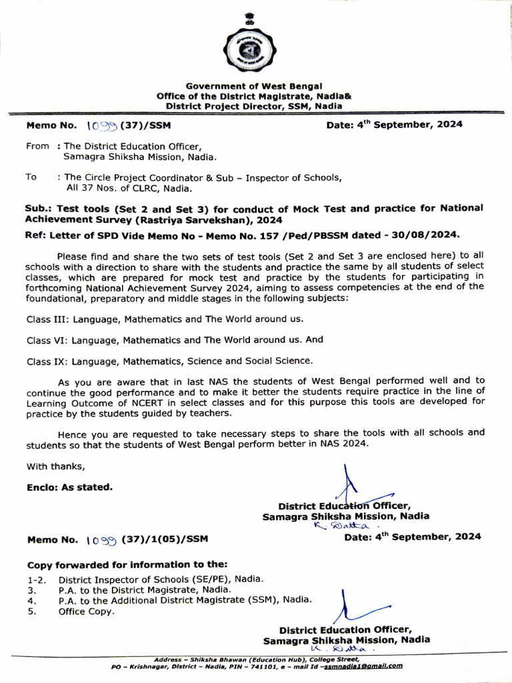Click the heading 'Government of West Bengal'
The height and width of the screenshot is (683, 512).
[x=253, y=86]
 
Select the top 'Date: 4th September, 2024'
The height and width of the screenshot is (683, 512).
[x=394, y=125]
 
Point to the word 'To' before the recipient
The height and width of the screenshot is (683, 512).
[x=31, y=177]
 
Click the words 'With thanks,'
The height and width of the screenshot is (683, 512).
[x=55, y=466]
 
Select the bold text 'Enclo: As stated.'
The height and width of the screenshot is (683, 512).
[x=69, y=487]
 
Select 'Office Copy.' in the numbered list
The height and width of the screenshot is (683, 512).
[x=86, y=611]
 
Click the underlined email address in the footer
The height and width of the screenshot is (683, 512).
[x=363, y=665]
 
